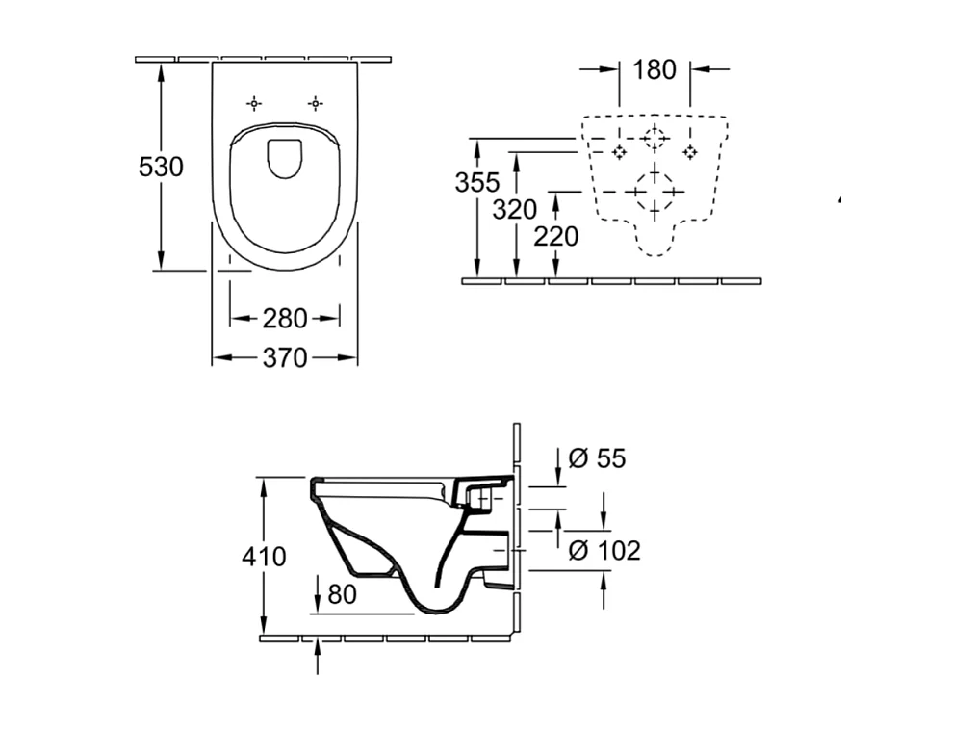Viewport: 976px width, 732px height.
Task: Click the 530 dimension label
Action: point(161,167)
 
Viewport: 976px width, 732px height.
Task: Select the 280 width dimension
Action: point(284,318)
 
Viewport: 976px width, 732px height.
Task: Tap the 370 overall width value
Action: point(284,358)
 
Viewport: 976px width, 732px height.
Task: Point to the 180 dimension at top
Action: point(655,69)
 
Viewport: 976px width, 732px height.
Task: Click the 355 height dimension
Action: point(477,182)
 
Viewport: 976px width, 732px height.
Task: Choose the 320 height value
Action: point(515,209)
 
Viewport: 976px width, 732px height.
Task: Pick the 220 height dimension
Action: point(556,236)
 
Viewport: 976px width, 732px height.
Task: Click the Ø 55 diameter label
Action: point(597,458)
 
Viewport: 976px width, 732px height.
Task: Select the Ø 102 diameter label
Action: point(604,551)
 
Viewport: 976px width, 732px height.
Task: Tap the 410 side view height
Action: point(264,557)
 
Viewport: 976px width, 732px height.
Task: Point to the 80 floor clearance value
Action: point(342,595)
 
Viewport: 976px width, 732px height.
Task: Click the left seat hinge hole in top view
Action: point(254,103)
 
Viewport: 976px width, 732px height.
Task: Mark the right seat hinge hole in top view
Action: point(315,103)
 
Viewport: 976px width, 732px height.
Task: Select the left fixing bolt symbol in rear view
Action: point(619,151)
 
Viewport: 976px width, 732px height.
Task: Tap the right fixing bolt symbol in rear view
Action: point(690,151)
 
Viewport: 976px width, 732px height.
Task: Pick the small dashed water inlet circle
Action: point(655,139)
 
